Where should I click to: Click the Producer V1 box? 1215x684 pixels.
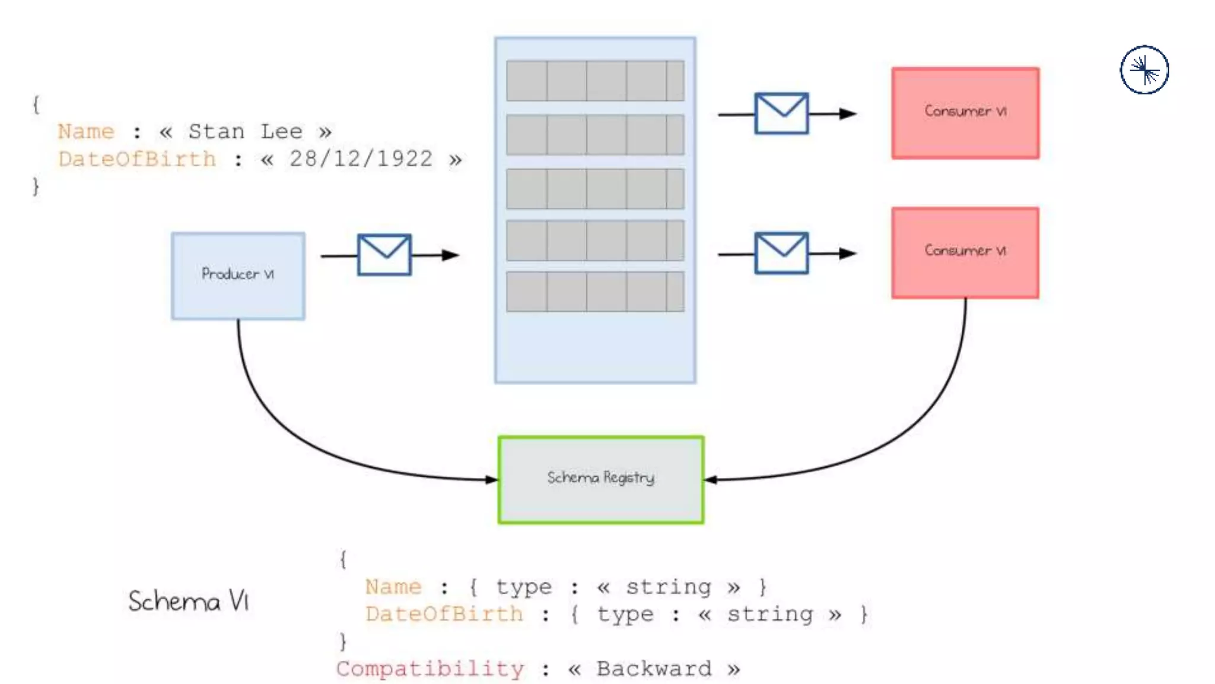point(238,276)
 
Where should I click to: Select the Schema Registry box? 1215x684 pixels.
point(600,480)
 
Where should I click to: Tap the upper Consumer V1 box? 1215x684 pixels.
point(965,113)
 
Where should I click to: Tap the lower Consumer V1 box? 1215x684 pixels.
point(965,252)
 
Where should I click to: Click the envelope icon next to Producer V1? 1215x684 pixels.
point(384,255)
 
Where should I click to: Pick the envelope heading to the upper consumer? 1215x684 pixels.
point(781,113)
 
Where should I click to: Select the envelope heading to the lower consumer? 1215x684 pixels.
point(781,253)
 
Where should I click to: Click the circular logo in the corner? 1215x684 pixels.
point(1144,70)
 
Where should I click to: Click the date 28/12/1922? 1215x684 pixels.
point(361,159)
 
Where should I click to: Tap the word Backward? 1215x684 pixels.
point(654,669)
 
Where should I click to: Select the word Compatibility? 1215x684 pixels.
point(430,669)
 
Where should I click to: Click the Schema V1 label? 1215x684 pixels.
point(189,601)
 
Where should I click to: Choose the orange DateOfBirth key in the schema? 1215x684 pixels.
point(444,614)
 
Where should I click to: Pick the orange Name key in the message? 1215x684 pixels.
point(86,131)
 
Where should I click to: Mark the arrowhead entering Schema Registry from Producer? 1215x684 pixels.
point(492,479)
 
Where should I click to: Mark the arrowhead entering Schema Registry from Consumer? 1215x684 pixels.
point(711,480)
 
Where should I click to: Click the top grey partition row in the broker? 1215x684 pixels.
point(595,80)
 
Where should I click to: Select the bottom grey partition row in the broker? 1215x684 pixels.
point(595,292)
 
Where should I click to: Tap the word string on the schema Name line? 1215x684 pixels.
point(668,587)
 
